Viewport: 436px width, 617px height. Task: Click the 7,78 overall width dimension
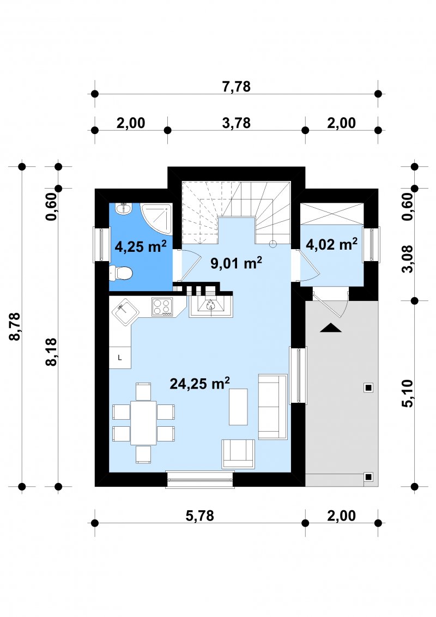236,86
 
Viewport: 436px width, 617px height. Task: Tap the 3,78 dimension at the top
236,123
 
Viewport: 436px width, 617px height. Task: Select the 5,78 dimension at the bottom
199,516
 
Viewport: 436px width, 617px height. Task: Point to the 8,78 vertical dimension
15,326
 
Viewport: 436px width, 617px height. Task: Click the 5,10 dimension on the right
408,393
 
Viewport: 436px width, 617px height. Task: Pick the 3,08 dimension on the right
408,259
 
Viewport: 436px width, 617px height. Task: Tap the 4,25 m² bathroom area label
141,246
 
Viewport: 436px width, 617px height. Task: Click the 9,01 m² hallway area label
236,263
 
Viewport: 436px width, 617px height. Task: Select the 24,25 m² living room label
199,383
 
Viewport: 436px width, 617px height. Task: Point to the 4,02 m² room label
331,244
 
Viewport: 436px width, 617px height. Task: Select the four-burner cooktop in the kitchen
162,307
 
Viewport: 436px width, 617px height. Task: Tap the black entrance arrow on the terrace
330,328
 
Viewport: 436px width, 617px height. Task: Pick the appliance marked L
119,358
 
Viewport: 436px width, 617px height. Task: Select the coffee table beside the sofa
238,407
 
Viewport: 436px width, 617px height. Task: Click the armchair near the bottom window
238,453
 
